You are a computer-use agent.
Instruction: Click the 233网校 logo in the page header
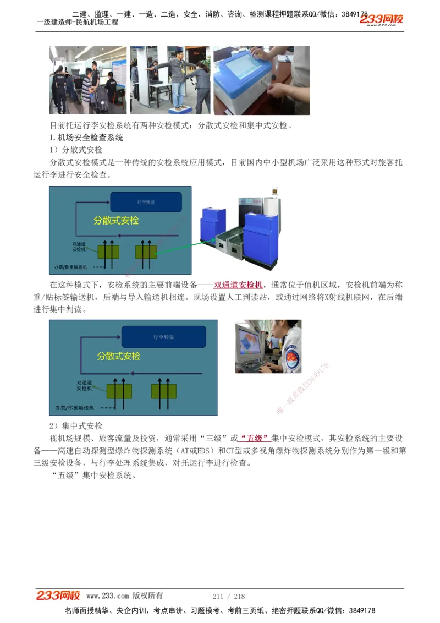pyautogui.click(x=382, y=20)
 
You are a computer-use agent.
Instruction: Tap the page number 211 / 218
pyautogui.click(x=228, y=596)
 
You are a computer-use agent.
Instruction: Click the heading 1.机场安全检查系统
pyautogui.click(x=86, y=138)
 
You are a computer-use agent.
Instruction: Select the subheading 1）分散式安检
pyautogui.click(x=76, y=150)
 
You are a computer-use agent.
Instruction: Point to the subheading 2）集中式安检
pyautogui.click(x=76, y=426)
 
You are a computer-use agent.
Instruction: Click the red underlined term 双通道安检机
pyautogui.click(x=238, y=285)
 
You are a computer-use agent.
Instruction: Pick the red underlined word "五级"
pyautogui.click(x=255, y=439)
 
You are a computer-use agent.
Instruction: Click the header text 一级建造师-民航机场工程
pyautogui.click(x=78, y=23)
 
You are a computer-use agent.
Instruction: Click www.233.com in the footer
pyautogui.click(x=107, y=596)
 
